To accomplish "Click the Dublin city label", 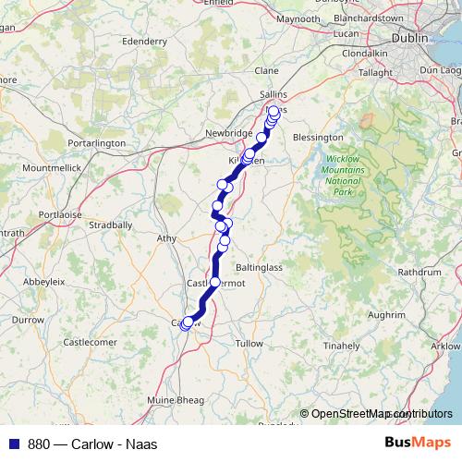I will (409, 39).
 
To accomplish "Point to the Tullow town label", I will (249, 343).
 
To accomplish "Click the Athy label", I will (167, 238).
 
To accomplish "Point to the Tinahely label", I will (341, 346).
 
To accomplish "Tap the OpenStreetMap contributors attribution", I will (379, 413).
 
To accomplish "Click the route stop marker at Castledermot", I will (215, 283).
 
